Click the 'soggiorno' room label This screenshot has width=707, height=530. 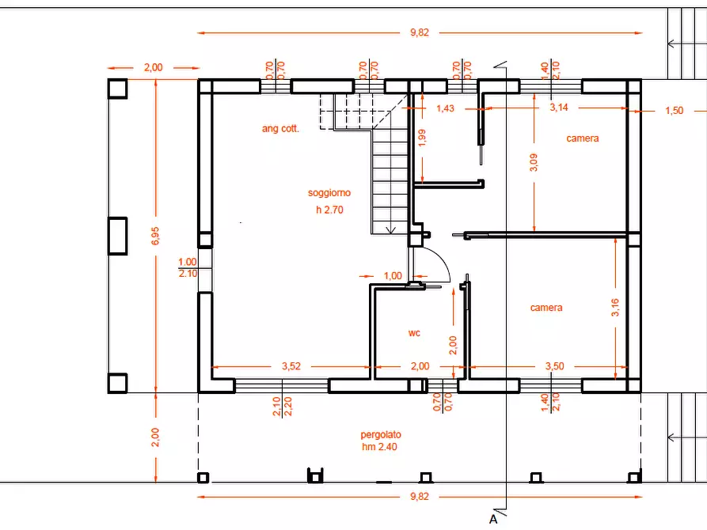[x=329, y=193]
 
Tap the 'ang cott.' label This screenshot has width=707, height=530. [x=280, y=128]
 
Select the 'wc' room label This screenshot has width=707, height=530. [x=414, y=333]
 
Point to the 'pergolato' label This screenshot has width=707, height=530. [x=381, y=435]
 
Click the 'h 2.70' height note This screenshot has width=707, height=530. [x=329, y=210]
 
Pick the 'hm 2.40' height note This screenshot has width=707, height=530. [x=380, y=447]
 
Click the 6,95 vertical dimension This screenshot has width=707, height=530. [x=155, y=236]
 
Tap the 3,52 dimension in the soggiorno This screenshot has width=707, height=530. [x=291, y=366]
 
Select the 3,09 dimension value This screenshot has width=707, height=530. [x=534, y=162]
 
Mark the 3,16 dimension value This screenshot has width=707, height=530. [x=615, y=308]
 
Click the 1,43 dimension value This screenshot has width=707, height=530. [x=446, y=108]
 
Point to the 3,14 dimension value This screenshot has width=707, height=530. [x=559, y=108]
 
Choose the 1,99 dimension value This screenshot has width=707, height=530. [x=422, y=138]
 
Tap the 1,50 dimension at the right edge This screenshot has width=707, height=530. [x=675, y=111]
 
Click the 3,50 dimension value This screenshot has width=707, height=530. [x=555, y=366]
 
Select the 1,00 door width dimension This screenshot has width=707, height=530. [x=393, y=276]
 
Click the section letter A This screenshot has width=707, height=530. [x=493, y=519]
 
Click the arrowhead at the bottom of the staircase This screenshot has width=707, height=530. [x=390, y=230]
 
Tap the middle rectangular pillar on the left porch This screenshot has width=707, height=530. [x=118, y=236]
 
